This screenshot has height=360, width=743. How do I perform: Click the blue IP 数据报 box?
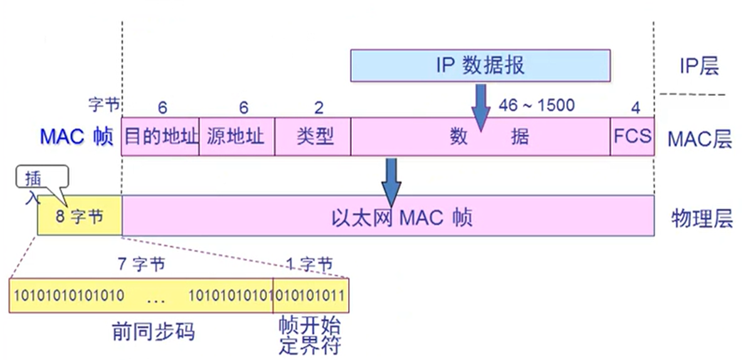480,65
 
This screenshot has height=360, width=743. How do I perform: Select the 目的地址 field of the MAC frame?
160,137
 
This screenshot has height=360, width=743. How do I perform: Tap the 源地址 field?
236,137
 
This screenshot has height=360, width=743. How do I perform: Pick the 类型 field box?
313,137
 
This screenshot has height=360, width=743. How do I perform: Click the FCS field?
633,137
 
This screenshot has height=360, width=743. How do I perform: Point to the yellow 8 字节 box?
80,215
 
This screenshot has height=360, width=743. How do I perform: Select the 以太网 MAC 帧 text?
402,219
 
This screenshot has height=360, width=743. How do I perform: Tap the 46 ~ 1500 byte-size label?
536,105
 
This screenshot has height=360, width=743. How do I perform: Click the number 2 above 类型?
319,109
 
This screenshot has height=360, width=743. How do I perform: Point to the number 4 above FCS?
636,109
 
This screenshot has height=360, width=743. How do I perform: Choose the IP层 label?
699,66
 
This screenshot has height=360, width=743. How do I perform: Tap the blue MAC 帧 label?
76,137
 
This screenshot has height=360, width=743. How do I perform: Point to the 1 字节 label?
310,264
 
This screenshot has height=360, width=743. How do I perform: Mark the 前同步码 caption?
154,332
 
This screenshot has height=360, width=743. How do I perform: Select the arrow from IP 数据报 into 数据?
480,107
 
